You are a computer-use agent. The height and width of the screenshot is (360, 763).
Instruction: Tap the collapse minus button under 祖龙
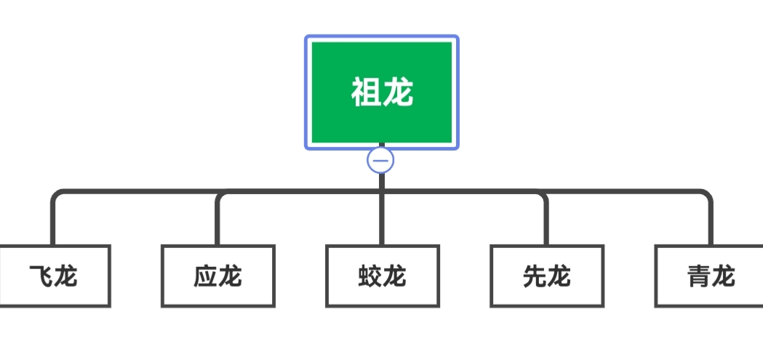pos(380,159)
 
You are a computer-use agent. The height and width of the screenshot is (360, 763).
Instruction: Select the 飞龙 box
pos(54,276)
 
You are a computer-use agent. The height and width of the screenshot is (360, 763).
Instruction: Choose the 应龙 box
pos(217,276)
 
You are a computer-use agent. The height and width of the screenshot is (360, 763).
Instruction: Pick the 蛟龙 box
pos(382,276)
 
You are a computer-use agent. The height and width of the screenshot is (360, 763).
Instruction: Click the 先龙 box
pos(546,276)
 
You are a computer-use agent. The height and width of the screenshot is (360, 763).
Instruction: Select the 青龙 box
pos(710,276)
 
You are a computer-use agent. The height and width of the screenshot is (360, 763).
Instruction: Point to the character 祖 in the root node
pos(367,93)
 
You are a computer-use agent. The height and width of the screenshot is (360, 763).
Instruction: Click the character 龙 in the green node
pos(399,93)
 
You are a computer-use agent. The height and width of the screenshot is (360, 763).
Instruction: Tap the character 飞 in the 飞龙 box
pos(41,276)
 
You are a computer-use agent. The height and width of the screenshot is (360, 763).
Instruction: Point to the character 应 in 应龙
pos(206,276)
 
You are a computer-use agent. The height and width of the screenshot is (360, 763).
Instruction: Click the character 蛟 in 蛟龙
pos(369,276)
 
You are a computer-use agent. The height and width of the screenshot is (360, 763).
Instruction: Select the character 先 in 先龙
pos(534,276)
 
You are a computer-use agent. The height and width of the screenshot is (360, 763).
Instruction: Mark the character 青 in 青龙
pos(698,276)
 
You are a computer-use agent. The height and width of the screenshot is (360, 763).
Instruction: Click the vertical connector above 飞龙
pos(53,222)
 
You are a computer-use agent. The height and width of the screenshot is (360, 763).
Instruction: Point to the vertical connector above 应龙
pos(217,222)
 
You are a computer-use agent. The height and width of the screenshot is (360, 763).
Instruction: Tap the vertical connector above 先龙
pos(546,222)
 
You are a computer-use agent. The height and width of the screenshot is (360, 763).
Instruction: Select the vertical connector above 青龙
pos(711,222)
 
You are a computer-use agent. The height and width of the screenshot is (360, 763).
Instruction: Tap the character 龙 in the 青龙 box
pos(723,276)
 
